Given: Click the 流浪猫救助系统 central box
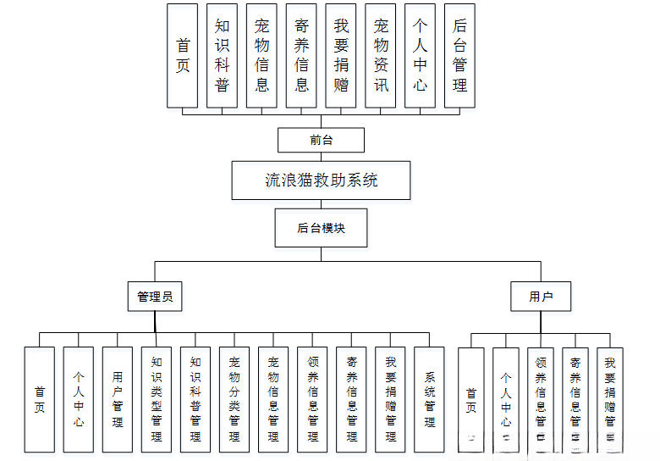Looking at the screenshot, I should (x=322, y=181).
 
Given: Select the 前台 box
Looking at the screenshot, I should (x=322, y=140).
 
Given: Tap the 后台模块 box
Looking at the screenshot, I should (x=322, y=228).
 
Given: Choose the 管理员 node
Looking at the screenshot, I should (x=155, y=297).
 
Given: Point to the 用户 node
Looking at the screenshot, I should (x=541, y=297).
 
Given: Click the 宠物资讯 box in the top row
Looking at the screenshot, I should (x=381, y=56).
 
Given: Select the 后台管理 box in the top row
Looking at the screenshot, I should (x=459, y=56).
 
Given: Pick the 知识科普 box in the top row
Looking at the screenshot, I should (x=223, y=56).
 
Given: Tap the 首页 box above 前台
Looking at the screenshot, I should (x=183, y=56).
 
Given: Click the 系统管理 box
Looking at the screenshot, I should (x=430, y=399).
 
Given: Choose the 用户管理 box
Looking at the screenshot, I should (x=118, y=399).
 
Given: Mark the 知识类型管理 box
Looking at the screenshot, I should (x=157, y=399).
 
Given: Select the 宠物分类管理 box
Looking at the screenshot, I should (x=234, y=399).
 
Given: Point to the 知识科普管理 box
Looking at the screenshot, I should (x=195, y=399).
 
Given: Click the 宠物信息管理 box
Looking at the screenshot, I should (x=273, y=399).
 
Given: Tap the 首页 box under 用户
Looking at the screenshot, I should (x=471, y=399).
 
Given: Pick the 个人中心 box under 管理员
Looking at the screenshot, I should (x=79, y=399).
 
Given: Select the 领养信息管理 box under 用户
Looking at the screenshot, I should (x=541, y=399).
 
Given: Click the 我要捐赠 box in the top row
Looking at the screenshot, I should (x=341, y=56).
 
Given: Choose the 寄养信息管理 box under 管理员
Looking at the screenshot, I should (x=352, y=399).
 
